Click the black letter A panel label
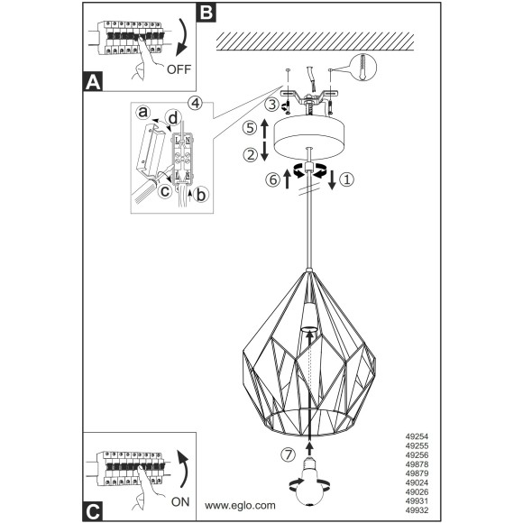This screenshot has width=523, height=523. (93, 82)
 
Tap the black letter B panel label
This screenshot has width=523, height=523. (206, 13)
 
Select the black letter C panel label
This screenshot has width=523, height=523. (93, 510)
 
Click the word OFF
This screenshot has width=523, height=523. (179, 69)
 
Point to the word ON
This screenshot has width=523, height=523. (180, 502)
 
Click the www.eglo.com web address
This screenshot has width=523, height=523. (240, 505)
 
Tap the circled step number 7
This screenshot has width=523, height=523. (289, 454)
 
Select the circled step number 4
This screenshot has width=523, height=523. (196, 103)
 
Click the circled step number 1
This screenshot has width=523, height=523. (347, 179)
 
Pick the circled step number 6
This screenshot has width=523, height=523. (273, 179)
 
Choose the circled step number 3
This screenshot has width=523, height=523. (272, 105)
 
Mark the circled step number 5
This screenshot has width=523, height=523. (250, 128)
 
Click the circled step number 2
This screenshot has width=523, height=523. (250, 155)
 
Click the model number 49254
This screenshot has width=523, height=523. (417, 436)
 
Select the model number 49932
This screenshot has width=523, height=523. (417, 510)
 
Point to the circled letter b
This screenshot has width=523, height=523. (201, 195)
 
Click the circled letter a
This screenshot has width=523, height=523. (143, 113)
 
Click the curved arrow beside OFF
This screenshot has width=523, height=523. (184, 37)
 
